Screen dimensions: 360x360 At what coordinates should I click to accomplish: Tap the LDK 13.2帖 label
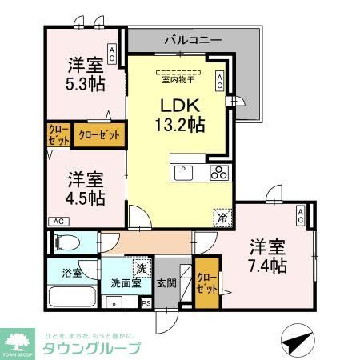tap(180, 114)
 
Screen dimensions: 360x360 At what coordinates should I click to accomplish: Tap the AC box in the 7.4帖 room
tap(300, 215)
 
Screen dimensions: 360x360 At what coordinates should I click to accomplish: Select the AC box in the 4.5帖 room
tap(58, 222)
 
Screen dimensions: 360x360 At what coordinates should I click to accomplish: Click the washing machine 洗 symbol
tap(140, 269)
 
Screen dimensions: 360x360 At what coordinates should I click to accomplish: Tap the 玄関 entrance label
tap(166, 282)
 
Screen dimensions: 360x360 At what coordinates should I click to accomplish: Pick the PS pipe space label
tap(145, 303)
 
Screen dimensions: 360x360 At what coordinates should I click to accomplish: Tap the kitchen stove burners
tap(219, 174)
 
